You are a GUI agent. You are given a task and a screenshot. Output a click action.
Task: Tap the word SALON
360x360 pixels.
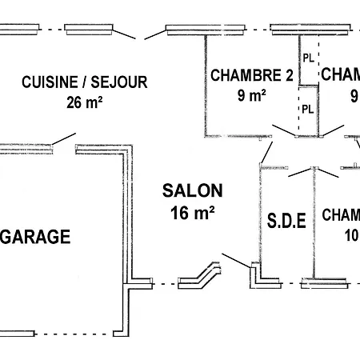tap(192, 190)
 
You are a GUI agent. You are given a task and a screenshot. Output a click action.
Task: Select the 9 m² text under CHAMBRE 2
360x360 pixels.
tap(252, 95)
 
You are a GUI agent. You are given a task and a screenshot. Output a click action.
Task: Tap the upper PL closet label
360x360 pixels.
tap(308, 57)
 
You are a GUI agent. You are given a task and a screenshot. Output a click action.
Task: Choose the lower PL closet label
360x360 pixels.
tap(308, 109)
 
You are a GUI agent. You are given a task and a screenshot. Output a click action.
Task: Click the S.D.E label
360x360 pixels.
tap(286, 220)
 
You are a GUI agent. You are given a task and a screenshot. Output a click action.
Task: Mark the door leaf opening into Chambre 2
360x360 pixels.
tap(283, 130)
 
